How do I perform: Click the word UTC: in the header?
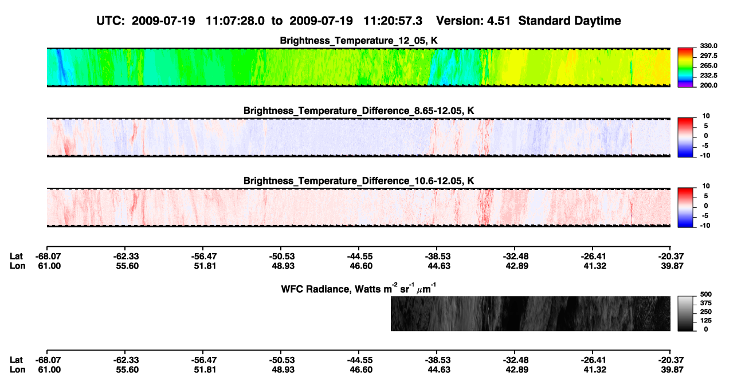coord(111,21)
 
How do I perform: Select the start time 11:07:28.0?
coord(235,21)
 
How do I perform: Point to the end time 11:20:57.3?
coord(393,21)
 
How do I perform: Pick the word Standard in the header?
coord(543,21)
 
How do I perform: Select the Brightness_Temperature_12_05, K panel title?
coord(359,41)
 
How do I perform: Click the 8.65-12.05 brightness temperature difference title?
coord(359,111)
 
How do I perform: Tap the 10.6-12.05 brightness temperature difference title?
coord(359,181)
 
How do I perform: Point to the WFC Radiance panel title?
coord(359,288)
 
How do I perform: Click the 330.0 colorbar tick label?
coord(708,46)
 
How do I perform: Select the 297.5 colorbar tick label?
coord(708,56)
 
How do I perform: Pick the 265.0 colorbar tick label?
coord(708,65)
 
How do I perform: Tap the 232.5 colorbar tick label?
coord(708,76)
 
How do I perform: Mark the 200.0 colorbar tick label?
coord(708,85)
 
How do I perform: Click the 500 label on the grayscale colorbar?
coord(706,294)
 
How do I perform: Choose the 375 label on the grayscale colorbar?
coord(706,303)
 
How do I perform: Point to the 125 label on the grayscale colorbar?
coord(706,321)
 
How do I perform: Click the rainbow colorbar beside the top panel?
coord(685,68)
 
